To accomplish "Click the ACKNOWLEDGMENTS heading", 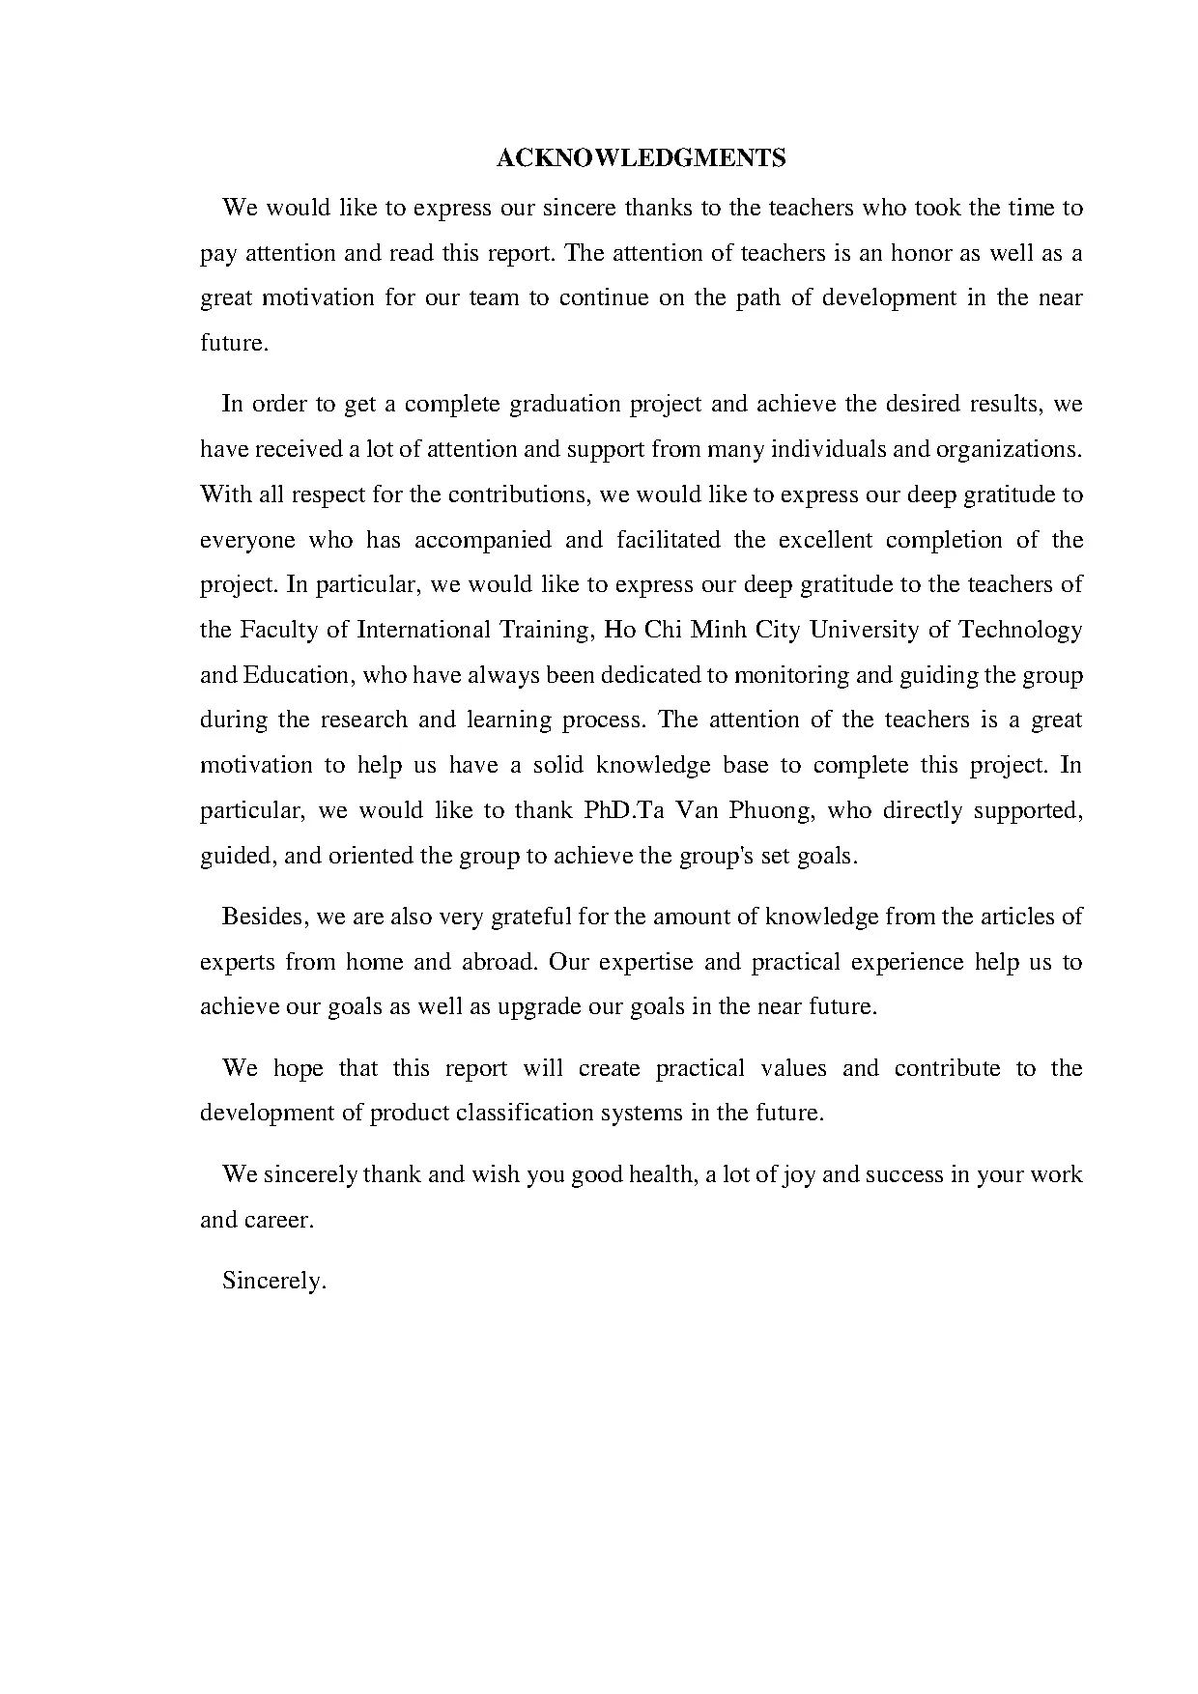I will click(x=641, y=158).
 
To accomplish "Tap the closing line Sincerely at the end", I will click(x=274, y=1281).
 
